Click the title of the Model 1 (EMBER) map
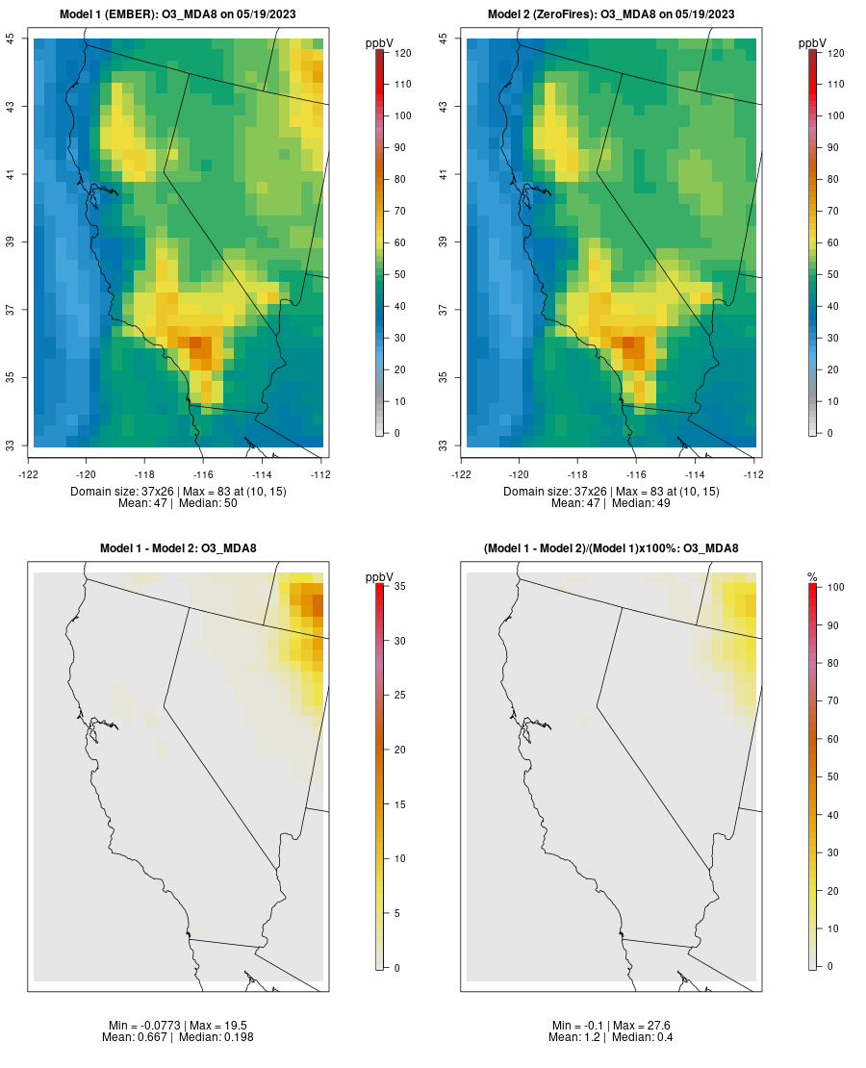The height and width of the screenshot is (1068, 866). pyautogui.click(x=177, y=13)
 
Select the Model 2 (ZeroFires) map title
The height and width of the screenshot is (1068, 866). pyautogui.click(x=611, y=13)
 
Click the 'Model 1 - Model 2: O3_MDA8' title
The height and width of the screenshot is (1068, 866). pyautogui.click(x=178, y=548)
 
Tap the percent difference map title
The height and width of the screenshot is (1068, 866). pyautogui.click(x=611, y=548)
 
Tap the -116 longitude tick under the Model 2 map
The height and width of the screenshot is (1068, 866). pyautogui.click(x=636, y=473)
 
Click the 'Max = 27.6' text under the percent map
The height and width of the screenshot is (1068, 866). pyautogui.click(x=644, y=1025)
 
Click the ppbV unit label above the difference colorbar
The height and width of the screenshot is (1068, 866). pyautogui.click(x=380, y=577)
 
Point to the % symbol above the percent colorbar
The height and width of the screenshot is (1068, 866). pyautogui.click(x=812, y=577)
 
